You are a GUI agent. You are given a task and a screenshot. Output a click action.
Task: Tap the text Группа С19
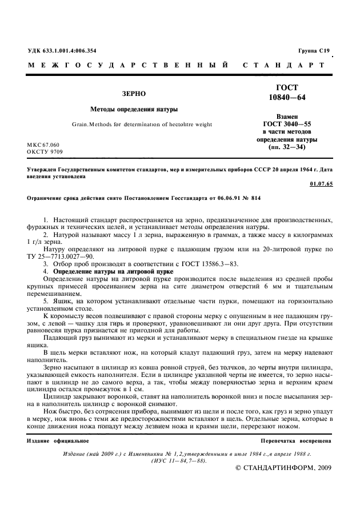coord(314,51)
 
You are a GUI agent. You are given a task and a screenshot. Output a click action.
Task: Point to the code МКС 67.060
coord(43,145)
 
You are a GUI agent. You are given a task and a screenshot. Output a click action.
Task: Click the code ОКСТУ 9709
coord(45,152)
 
